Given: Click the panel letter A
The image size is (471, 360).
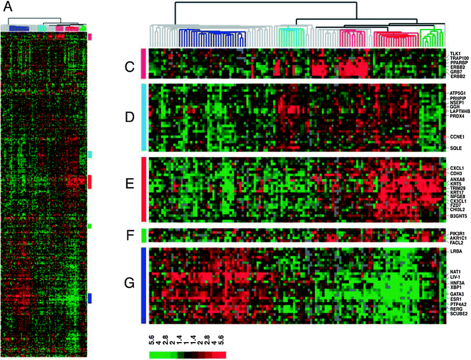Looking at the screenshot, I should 8,8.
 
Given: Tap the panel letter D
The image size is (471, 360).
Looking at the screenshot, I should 130,118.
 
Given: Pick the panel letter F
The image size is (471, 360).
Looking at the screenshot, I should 130,236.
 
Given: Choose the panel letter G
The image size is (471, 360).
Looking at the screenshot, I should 130,284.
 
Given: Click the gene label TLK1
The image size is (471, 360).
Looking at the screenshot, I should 455,53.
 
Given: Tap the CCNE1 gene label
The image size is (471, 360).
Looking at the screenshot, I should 457,137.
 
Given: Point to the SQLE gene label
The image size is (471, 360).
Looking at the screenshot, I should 456,149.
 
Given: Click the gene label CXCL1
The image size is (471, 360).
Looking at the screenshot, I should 458,169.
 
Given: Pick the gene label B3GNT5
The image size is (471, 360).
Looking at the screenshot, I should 459,216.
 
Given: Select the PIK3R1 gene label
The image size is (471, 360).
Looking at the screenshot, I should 458,233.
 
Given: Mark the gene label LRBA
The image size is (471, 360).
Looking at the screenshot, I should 456,251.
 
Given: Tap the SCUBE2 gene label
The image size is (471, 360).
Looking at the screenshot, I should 459,314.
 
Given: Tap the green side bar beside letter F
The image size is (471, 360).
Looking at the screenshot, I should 143,236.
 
